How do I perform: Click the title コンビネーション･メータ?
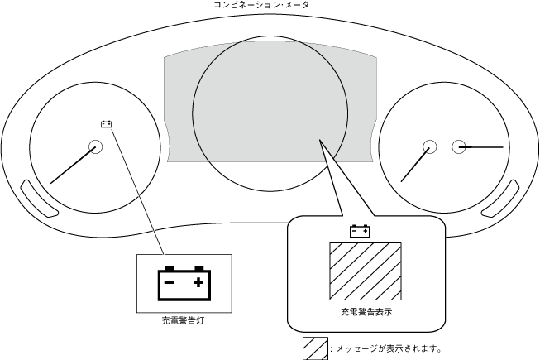(270, 6)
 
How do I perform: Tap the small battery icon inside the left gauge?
(107, 125)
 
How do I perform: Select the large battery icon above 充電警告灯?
(183, 282)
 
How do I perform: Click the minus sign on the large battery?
(169, 282)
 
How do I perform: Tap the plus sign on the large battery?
(198, 282)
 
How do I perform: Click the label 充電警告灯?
(183, 319)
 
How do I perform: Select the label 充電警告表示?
(366, 312)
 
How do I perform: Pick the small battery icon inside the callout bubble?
(360, 232)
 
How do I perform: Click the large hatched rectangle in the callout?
(366, 271)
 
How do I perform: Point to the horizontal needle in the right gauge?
(484, 147)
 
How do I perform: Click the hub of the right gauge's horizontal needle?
(459, 147)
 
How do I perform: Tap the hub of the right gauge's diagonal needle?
(429, 147)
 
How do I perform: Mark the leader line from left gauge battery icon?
(136, 190)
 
